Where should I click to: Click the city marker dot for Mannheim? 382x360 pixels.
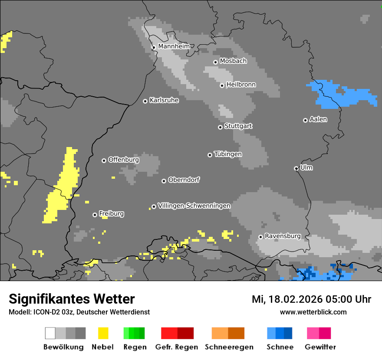coord(154,47)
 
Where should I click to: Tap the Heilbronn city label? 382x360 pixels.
coord(241,85)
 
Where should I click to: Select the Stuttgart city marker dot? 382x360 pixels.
coord(220,127)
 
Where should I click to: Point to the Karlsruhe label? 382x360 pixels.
coord(164,100)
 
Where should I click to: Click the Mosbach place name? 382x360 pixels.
coord(233,61)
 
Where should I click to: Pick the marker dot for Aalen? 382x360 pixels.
coord(305,120)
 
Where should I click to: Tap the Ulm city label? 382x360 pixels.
coord(306,167)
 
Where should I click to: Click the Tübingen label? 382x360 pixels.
coord(228,154)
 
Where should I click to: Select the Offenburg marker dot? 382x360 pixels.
coord(104,160)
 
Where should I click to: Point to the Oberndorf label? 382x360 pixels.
coord(184,180)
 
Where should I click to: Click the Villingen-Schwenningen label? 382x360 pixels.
coord(194,206)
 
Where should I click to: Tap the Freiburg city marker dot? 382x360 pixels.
coord(95,215)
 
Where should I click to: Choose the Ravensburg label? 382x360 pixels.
coord(283,236)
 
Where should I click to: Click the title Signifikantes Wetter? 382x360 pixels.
coord(72,299)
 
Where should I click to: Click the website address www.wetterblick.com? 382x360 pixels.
coord(313,312)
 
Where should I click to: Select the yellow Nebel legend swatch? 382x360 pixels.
coord(103,333)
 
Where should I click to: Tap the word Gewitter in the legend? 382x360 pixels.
coord(320,347)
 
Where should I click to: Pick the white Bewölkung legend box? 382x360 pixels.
coord(50,333)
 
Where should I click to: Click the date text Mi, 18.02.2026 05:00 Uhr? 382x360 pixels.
coord(311,299)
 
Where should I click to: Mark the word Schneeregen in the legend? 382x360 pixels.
coord(229,347)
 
